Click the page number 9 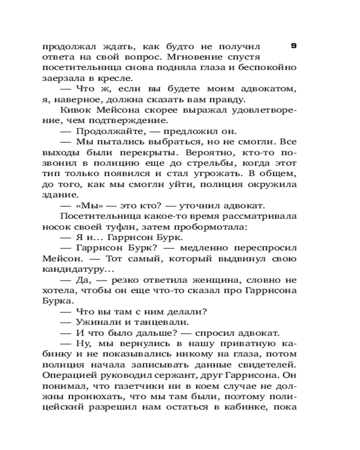pos(293,45)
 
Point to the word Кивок pos(74,110)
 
